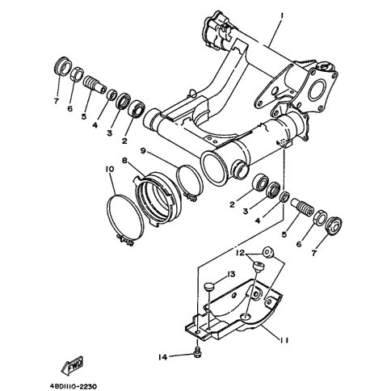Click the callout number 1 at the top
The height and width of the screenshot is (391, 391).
pos(282,17)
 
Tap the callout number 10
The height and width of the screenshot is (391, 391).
pos(110,169)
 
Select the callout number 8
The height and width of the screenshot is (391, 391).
pos(124,161)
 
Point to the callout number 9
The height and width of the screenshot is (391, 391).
pos(143,151)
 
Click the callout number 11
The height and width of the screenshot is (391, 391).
pos(284,341)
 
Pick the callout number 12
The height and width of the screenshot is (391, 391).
pos(240,253)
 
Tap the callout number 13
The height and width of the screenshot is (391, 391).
pos(231,275)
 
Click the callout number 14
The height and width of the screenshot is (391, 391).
pos(163,358)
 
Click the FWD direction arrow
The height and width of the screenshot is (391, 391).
pos(72,366)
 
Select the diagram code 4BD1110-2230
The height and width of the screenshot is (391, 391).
pos(73,386)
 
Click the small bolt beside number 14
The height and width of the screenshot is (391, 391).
pos(198,355)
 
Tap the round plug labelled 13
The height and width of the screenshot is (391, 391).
pos(209,286)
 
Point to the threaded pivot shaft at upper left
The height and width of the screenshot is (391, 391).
pos(94,84)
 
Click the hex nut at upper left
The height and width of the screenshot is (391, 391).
pos(77,74)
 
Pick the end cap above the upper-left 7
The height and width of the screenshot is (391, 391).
pos(63,66)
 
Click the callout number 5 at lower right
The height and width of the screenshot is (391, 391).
pos(284,234)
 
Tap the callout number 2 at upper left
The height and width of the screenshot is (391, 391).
pos(124,141)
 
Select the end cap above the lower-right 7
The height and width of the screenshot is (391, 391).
pos(333,225)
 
